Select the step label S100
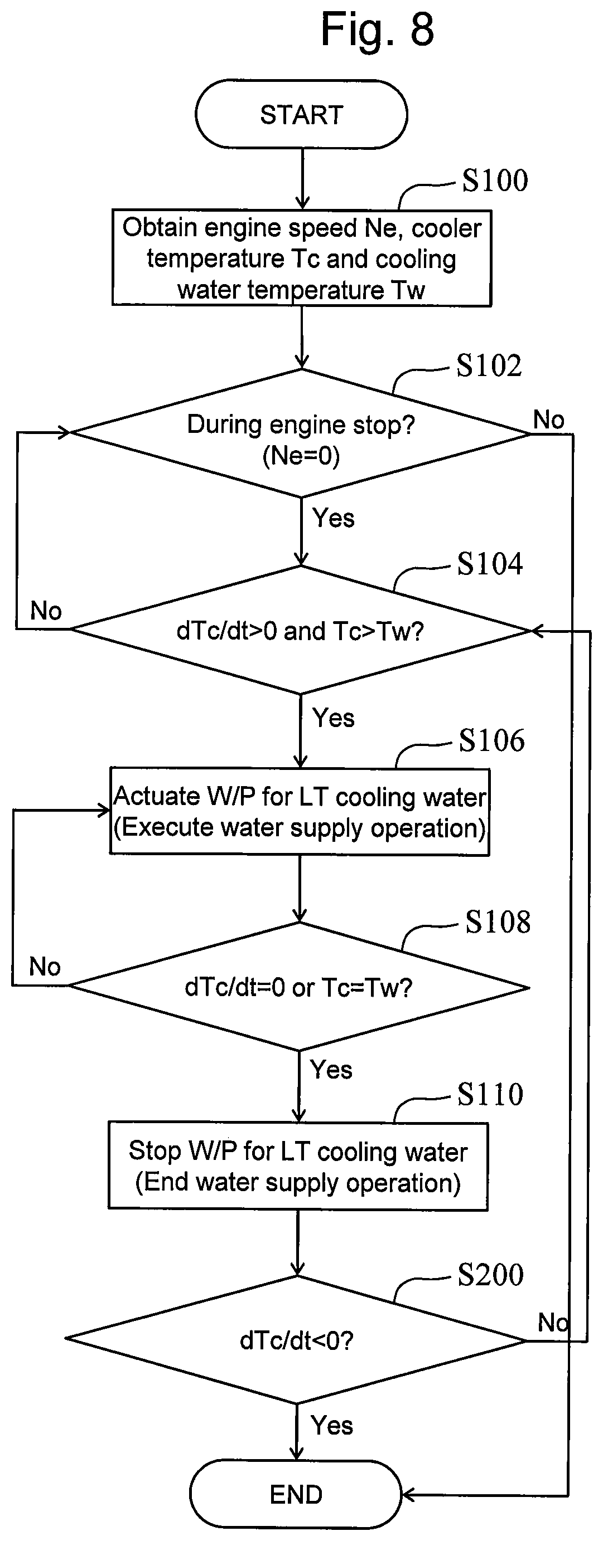495,180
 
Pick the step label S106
491,740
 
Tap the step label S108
498,922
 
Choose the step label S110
490,1094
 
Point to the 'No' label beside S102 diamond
548,420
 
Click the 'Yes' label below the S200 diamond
332,1426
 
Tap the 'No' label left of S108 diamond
45,967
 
